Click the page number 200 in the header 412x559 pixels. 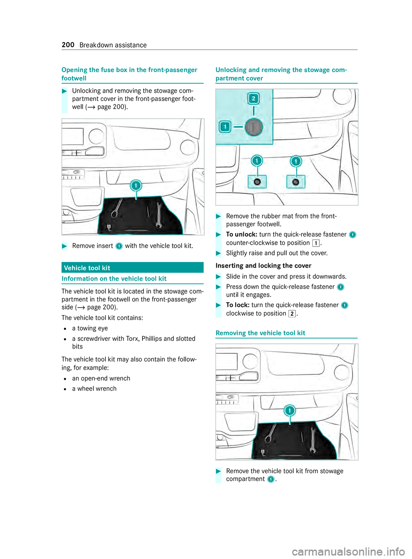pos(68,45)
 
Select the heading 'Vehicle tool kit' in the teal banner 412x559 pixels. pos(87,268)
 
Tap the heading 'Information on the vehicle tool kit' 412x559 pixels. pos(114,279)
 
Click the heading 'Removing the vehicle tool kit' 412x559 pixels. pos(261,333)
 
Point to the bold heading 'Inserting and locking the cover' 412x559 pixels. pos(264,266)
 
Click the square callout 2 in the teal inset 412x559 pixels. pos(254,99)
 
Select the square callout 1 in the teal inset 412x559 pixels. pos(225,127)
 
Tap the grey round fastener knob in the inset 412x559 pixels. pos(254,127)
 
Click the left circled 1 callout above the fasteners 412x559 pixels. pos(257,161)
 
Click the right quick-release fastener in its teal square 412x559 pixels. pos(296,182)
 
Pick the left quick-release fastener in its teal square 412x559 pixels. pos(257,182)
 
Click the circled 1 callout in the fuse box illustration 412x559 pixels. pos(136,185)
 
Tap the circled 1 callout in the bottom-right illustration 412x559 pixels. pos(290,410)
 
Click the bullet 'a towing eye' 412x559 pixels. pos(90,328)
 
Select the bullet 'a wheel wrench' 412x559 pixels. pos(94,389)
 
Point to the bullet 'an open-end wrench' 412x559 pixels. pos(101,378)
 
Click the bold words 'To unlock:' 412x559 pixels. pos(242,234)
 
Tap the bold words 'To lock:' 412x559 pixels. pos(238,305)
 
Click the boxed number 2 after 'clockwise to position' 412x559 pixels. pos(292,314)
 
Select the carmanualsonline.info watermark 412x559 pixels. pos(348,551)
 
